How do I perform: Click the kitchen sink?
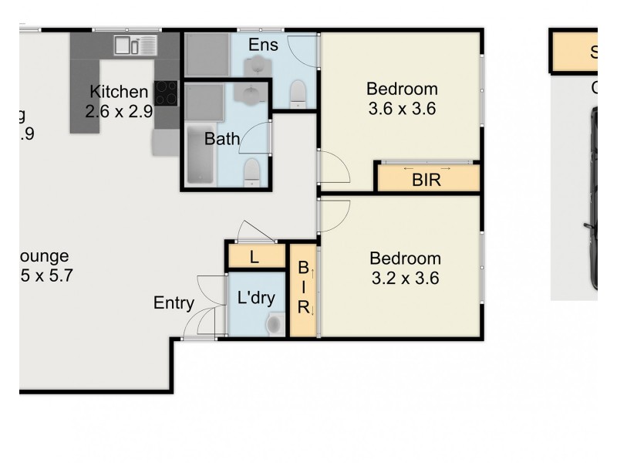[x=136, y=46]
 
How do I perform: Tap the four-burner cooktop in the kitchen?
[x=166, y=93]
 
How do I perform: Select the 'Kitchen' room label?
[x=118, y=92]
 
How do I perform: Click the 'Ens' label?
[x=262, y=45]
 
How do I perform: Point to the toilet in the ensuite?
[x=298, y=95]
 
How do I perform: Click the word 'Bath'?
[x=221, y=140]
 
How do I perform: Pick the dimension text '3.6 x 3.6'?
[x=401, y=109]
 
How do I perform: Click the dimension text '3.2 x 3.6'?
[x=404, y=279]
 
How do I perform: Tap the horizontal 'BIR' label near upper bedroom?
[x=427, y=181]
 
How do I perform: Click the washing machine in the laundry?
[x=274, y=324]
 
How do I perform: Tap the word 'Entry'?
[x=174, y=303]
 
